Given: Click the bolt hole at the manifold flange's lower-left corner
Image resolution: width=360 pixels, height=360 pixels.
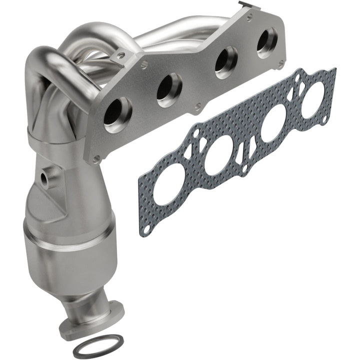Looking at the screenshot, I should click(95, 158).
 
